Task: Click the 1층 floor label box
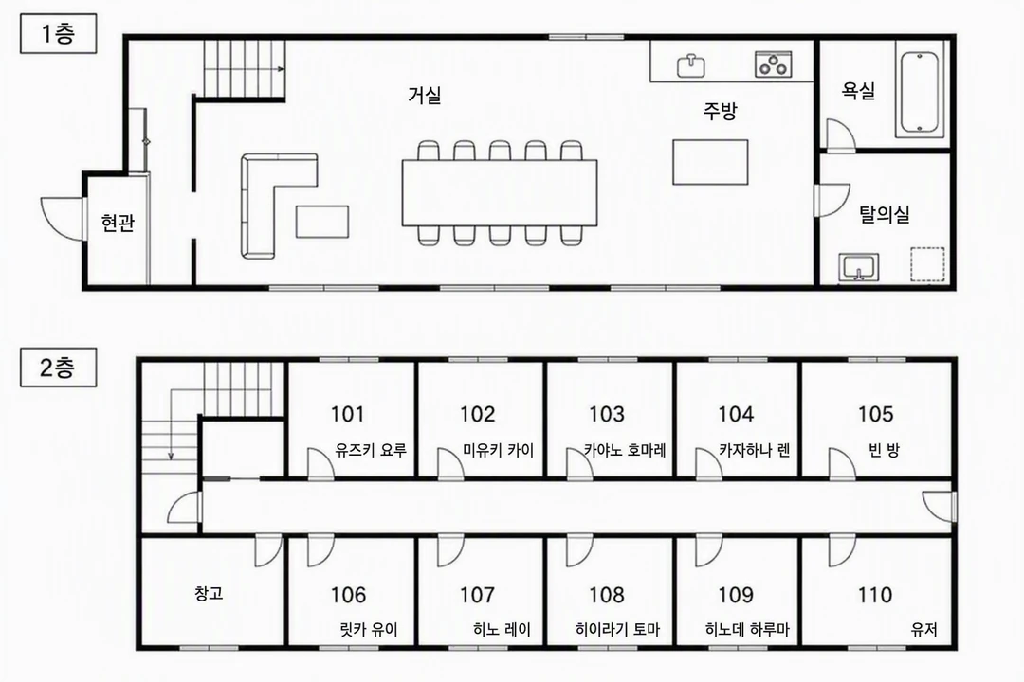tap(58, 33)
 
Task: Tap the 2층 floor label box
tap(58, 368)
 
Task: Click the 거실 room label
tap(425, 96)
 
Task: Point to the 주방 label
tap(720, 110)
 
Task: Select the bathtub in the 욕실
tap(920, 95)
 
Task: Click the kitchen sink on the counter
tap(690, 65)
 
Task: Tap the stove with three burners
tap(774, 64)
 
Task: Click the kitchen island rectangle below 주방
tap(710, 162)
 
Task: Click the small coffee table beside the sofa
tap(322, 222)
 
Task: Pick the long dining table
tap(500, 192)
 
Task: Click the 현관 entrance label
tap(119, 223)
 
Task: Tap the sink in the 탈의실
tap(858, 267)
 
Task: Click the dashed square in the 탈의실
tap(928, 264)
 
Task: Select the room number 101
tap(347, 414)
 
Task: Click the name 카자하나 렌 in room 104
tap(755, 450)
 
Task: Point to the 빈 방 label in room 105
tap(885, 450)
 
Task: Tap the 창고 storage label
tap(209, 593)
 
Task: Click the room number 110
tap(875, 595)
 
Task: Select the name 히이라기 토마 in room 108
tap(618, 629)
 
